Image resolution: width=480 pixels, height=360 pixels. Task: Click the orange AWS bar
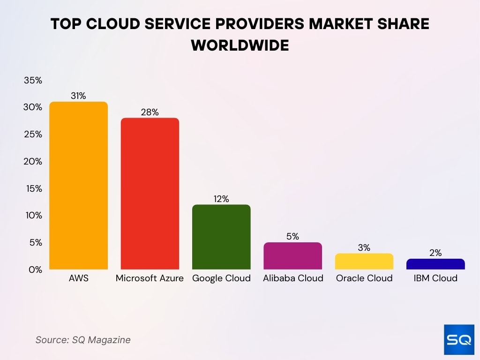78,186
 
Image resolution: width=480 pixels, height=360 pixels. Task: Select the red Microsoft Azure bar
150,194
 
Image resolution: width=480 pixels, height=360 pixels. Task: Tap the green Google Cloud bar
221,237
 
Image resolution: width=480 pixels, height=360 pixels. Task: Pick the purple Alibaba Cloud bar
292,256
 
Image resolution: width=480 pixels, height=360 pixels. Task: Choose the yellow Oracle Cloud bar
364,262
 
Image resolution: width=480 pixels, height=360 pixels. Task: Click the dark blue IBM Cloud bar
435,264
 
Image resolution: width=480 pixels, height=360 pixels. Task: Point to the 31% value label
78,96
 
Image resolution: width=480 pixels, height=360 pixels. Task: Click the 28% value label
150,112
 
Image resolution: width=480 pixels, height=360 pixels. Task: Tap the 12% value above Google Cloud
221,199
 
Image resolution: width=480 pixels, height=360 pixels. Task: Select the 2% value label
435,253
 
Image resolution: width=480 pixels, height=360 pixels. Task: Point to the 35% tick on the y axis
33,81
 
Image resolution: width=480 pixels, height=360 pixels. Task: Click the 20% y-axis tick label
33,161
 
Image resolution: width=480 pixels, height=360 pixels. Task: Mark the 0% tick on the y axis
35,270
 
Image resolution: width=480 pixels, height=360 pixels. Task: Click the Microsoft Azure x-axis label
150,278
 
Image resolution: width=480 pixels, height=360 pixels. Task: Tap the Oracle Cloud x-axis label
364,278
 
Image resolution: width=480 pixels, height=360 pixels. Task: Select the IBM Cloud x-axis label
435,278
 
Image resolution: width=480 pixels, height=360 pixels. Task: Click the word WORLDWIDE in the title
240,45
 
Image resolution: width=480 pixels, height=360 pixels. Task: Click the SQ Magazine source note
83,340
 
